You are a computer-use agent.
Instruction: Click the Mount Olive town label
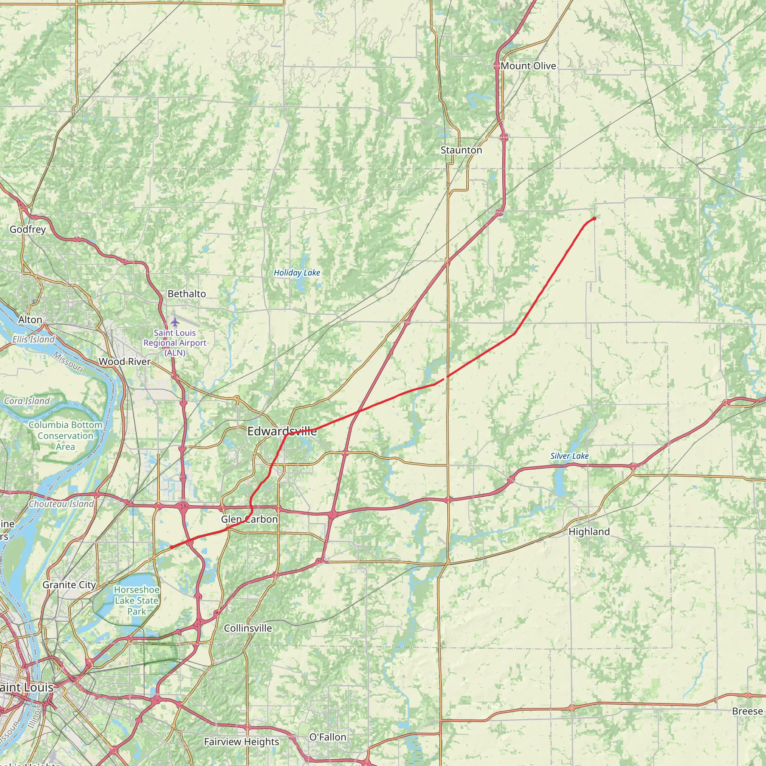coord(528,66)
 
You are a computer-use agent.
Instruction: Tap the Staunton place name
coord(461,150)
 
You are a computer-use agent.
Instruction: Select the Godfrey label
coord(28,229)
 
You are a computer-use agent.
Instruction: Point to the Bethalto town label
coord(187,294)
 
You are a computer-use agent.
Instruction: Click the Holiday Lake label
coord(297,273)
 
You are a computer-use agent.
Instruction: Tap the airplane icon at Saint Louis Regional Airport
coord(175,322)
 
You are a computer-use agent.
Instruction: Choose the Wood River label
coord(125,362)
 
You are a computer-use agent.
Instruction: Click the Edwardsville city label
coord(282,431)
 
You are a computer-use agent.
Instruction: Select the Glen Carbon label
coord(249,519)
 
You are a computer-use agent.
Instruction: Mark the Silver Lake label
coord(569,456)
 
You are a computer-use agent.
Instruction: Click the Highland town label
coord(589,532)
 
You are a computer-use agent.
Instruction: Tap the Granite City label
coord(69,585)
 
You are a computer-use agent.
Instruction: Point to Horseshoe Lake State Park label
coord(137,601)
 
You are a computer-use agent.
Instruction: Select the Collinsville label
coord(248,628)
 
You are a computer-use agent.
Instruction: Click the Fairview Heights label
coord(242,741)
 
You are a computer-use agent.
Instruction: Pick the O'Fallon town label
coord(328,737)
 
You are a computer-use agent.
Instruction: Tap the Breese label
coord(747,711)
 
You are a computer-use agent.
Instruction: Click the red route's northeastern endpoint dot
coord(594,218)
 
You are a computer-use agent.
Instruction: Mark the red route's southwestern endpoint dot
coord(171,547)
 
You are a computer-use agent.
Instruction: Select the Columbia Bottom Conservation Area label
coord(65,436)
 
